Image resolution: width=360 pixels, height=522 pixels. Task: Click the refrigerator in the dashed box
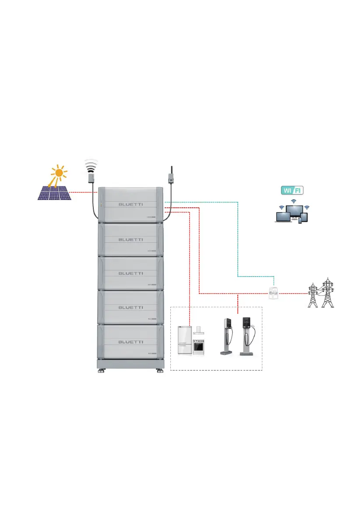click(x=184, y=340)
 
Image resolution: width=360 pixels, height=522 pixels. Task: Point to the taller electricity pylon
click(x=327, y=293)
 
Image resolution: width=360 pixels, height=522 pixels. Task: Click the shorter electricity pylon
click(x=313, y=296)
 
